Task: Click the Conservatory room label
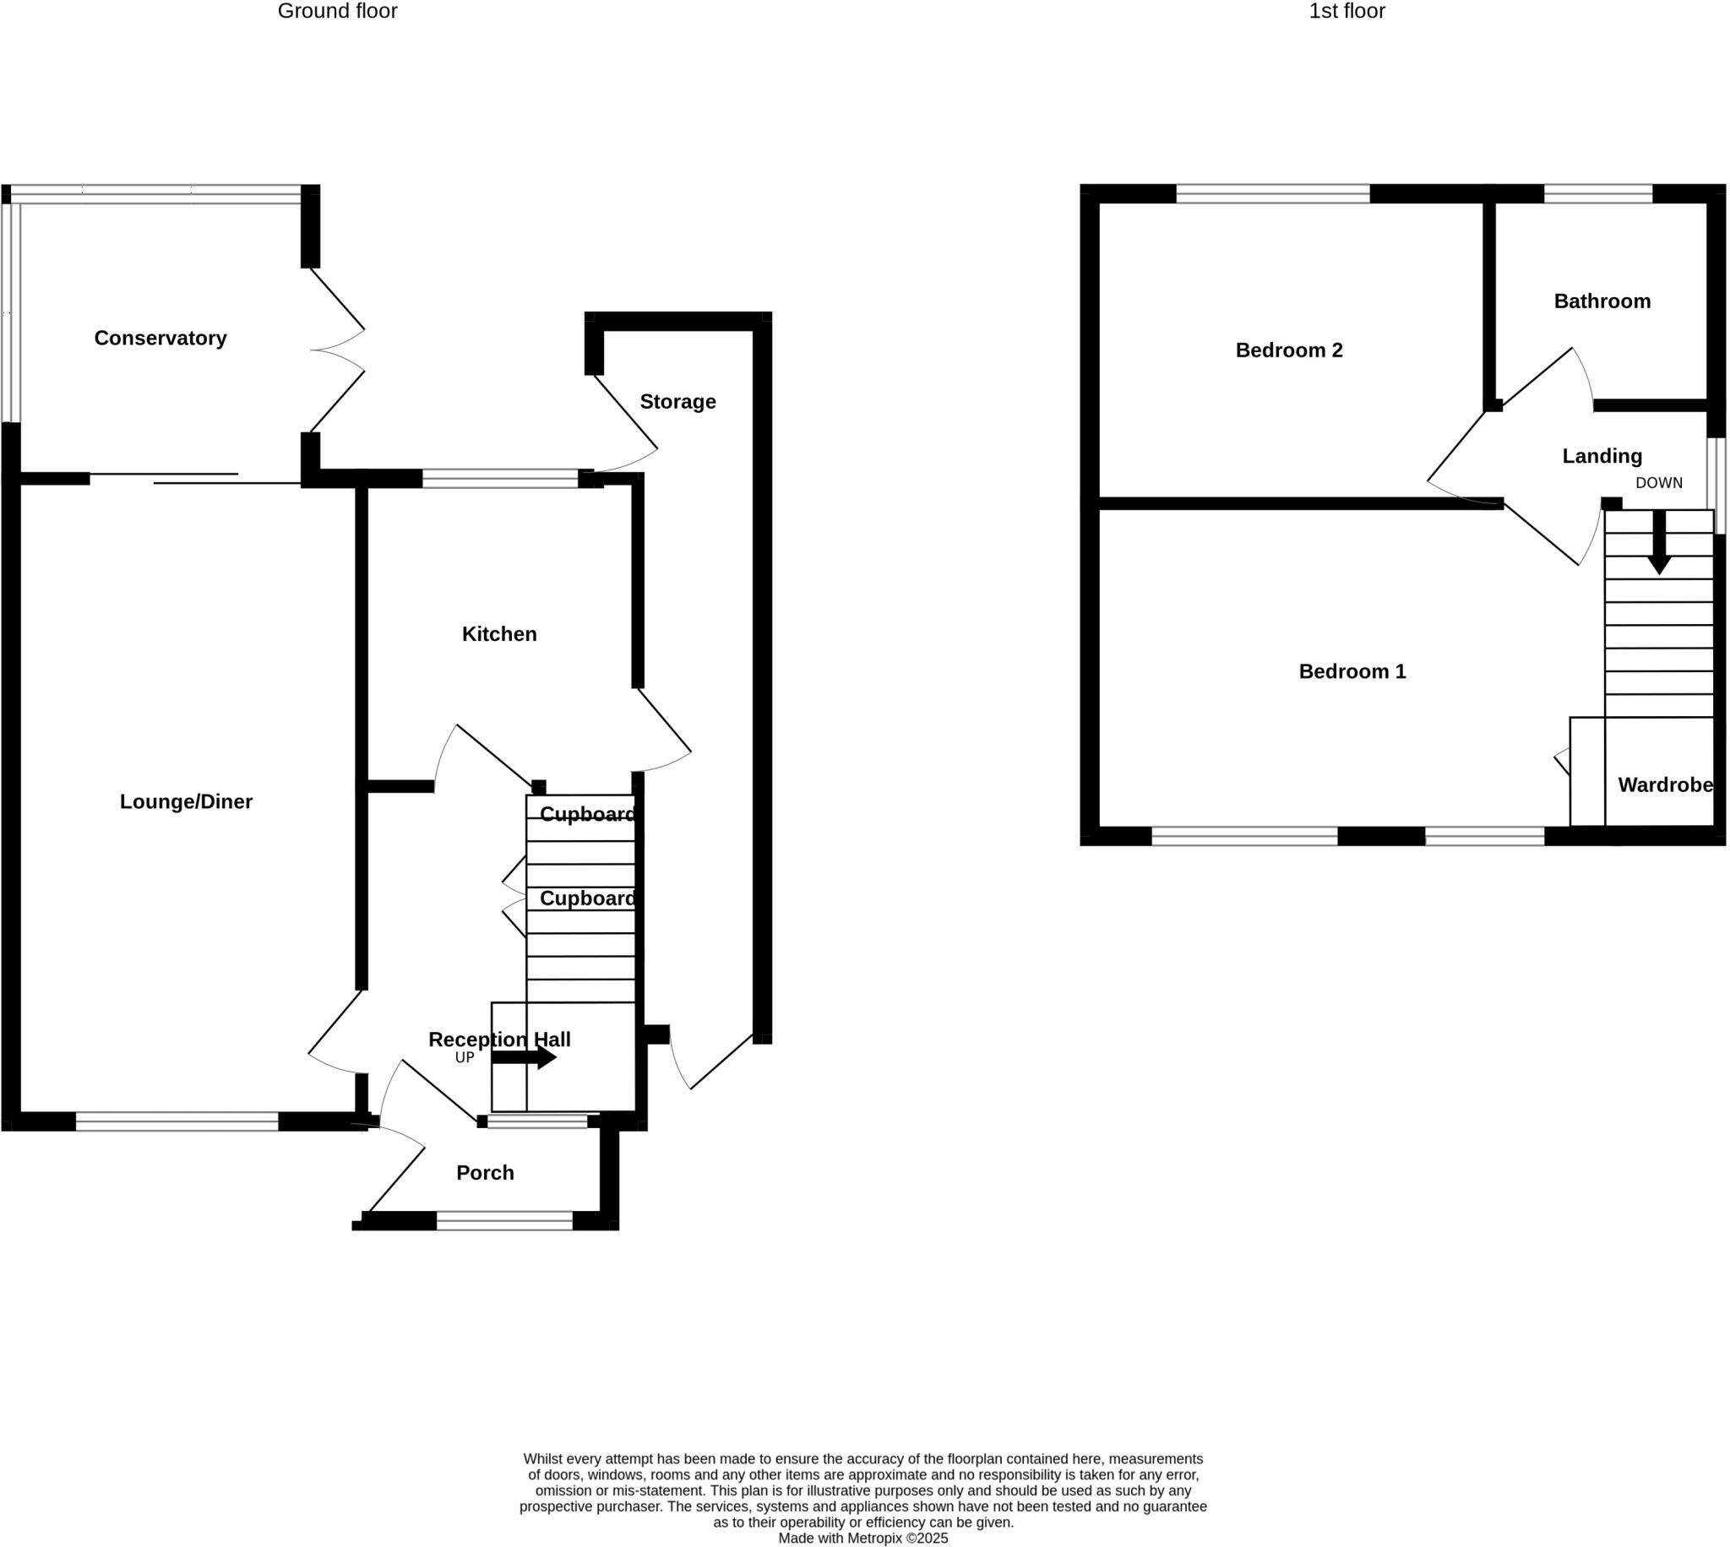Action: pos(160,339)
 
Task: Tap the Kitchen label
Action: pos(499,634)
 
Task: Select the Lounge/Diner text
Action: pos(185,801)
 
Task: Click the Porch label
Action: pos(485,1173)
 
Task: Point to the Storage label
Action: pos(677,401)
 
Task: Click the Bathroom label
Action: pos(1602,301)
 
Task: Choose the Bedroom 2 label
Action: pos(1289,350)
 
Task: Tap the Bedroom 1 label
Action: pos(1352,671)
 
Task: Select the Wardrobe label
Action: pos(1665,784)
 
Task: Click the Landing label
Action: pos(1602,456)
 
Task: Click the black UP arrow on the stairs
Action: pos(524,1057)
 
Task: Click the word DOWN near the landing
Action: pos(1658,483)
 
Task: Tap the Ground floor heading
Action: pos(338,11)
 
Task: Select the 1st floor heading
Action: pos(1346,11)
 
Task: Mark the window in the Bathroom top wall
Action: pos(1597,194)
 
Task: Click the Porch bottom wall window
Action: pos(504,1221)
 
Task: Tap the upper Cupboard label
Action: pos(586,814)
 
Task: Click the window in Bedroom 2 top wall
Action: pos(1273,194)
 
